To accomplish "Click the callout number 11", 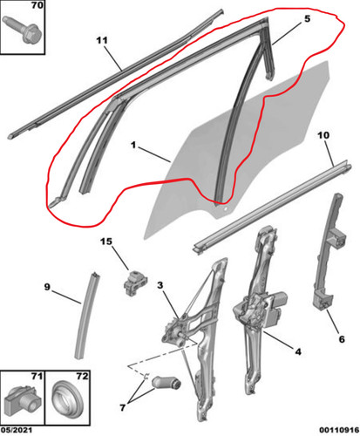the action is coord(102,40).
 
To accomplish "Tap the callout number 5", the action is coord(307,19).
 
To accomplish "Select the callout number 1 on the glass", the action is coord(133,145).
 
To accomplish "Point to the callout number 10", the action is coord(323,135).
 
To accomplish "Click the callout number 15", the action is coord(106,242).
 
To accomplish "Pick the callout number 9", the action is coord(47,287).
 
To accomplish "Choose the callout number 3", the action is coord(160,285).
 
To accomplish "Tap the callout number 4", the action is coord(298,351).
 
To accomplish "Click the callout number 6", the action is coord(342,339).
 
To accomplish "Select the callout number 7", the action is coord(123,407).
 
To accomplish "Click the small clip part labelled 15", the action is coord(135,283).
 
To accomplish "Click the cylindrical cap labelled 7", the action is coord(166,383).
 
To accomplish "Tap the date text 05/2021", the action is coord(17,430).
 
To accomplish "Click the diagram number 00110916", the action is coord(339,430).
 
